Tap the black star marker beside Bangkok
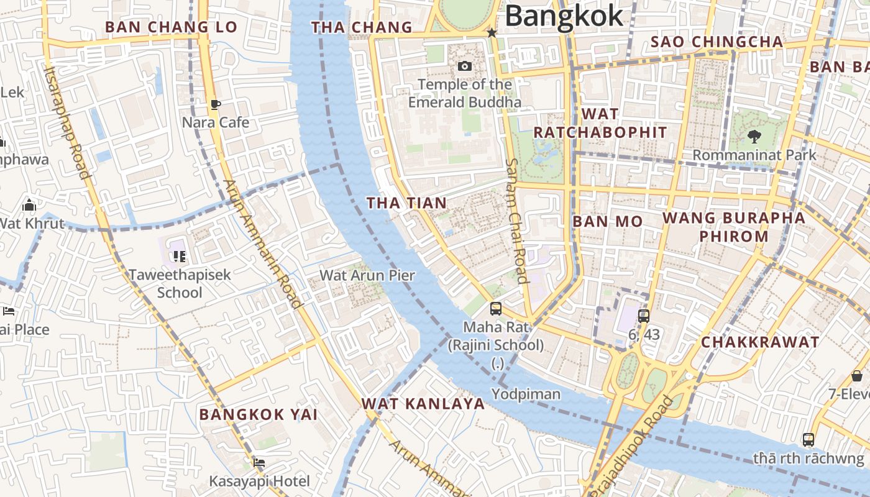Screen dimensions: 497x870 pyautogui.click(x=492, y=32)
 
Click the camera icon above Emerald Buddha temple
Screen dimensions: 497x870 pyautogui.click(x=464, y=66)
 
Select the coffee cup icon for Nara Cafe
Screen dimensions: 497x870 pyautogui.click(x=215, y=104)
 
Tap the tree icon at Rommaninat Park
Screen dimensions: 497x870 pyautogui.click(x=754, y=136)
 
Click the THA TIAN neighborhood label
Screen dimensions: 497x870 pyautogui.click(x=406, y=203)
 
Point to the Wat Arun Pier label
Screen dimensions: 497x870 pyautogui.click(x=367, y=275)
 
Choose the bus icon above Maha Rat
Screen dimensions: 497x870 pyautogui.click(x=495, y=308)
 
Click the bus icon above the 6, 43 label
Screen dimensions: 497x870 pyautogui.click(x=643, y=316)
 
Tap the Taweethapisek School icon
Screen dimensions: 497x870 pyautogui.click(x=180, y=256)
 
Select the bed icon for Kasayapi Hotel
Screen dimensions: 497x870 pyautogui.click(x=259, y=463)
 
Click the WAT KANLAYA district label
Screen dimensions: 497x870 pyautogui.click(x=423, y=404)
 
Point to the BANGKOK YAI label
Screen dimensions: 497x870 pyautogui.click(x=259, y=414)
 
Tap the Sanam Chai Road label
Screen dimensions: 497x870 pyautogui.click(x=516, y=221)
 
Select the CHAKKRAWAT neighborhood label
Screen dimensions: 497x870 pyautogui.click(x=760, y=342)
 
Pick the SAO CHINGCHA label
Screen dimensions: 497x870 pyautogui.click(x=717, y=42)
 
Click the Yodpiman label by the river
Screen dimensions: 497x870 pyautogui.click(x=526, y=394)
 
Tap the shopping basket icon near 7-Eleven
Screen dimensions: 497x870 pyautogui.click(x=856, y=376)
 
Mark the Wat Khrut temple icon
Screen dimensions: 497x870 pyautogui.click(x=29, y=205)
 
